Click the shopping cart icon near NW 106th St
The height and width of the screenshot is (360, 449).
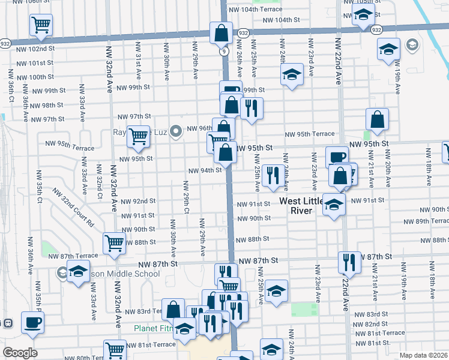point(41,25)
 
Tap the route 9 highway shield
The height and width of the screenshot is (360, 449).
point(223,52)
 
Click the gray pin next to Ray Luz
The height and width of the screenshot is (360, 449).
point(176,131)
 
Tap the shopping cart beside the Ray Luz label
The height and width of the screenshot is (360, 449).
point(139,136)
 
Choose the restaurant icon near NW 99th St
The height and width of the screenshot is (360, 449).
point(251,108)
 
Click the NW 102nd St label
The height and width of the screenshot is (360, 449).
point(35,48)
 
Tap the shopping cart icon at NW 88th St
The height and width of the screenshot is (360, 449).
point(113,243)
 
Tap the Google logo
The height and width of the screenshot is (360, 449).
point(20,353)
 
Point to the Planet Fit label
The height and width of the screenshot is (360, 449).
point(152,328)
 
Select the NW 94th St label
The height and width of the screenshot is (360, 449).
point(205,170)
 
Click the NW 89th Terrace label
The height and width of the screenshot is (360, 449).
point(427,221)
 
